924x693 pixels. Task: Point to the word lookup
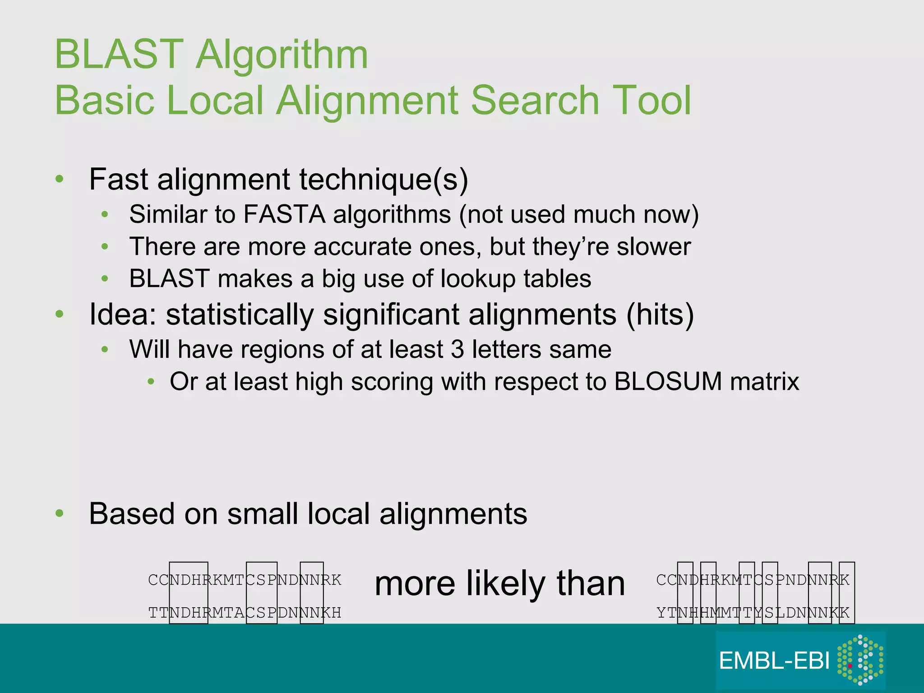pyautogui.click(x=478, y=279)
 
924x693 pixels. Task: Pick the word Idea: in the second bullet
pyautogui.click(x=123, y=314)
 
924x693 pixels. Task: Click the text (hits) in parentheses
pyautogui.click(x=660, y=314)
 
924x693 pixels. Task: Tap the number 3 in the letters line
pyautogui.click(x=457, y=349)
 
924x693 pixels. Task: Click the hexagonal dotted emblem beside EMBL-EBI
pyautogui.click(x=859, y=660)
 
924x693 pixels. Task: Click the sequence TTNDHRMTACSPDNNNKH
pyautogui.click(x=245, y=613)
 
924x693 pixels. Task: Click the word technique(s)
pyautogui.click(x=383, y=180)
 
